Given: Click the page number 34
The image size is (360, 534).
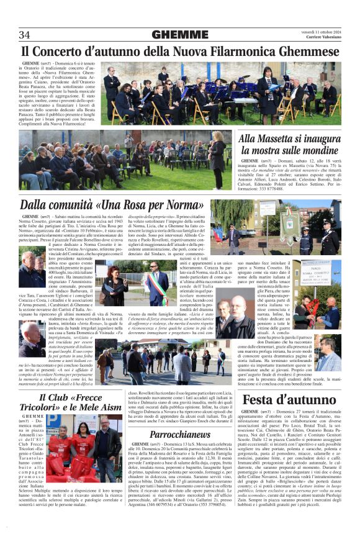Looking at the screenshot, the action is coord(24,34).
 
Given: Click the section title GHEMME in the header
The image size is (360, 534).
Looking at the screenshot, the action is coord(179,34).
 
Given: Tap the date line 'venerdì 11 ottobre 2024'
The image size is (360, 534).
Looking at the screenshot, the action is coord(321,31).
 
